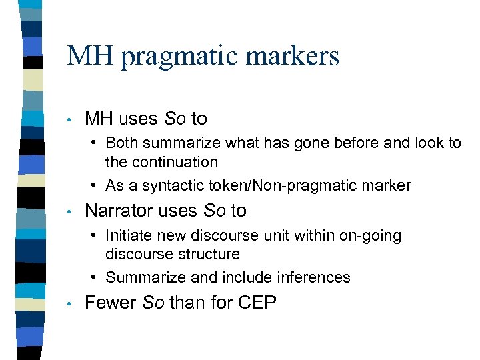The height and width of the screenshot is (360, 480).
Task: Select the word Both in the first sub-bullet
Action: (x=122, y=143)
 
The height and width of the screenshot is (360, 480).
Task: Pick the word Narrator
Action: (x=121, y=211)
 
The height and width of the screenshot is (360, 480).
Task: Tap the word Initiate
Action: (x=128, y=235)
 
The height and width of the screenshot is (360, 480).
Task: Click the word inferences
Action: (x=312, y=277)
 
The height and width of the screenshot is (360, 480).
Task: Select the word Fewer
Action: (x=109, y=302)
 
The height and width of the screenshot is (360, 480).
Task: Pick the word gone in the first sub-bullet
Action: (x=309, y=143)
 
